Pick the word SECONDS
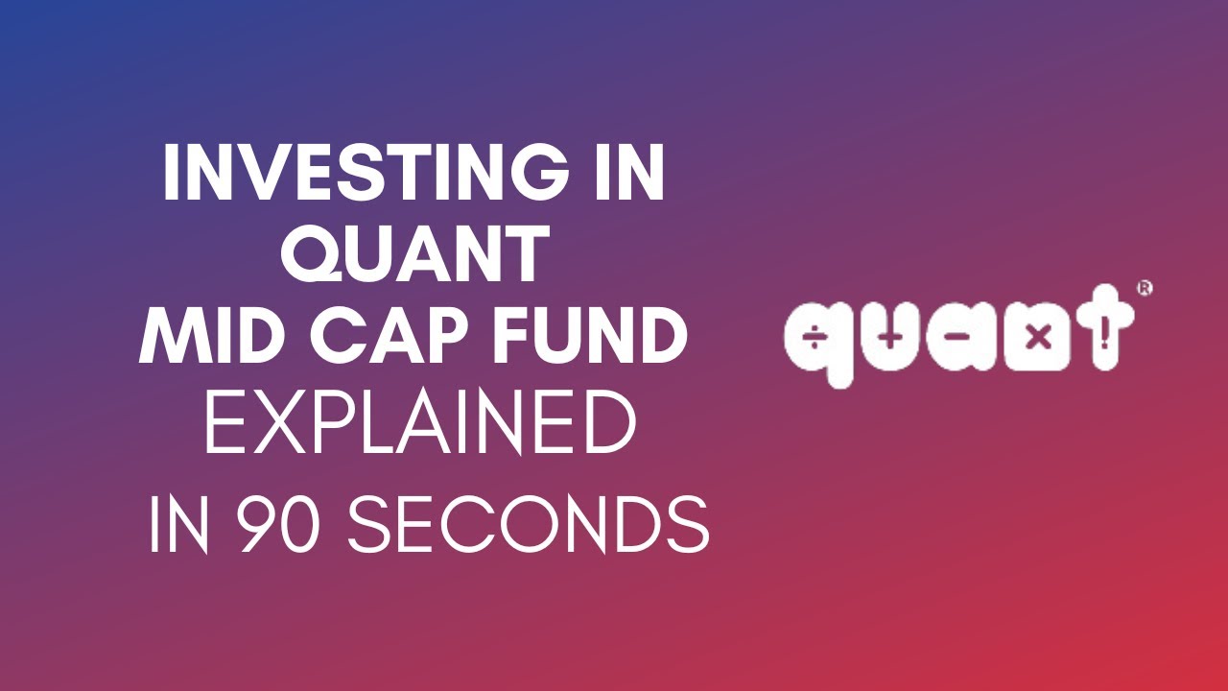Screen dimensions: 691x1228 click(x=528, y=524)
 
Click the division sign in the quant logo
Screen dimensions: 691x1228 click(x=813, y=340)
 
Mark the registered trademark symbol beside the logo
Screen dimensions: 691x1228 click(x=1144, y=288)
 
